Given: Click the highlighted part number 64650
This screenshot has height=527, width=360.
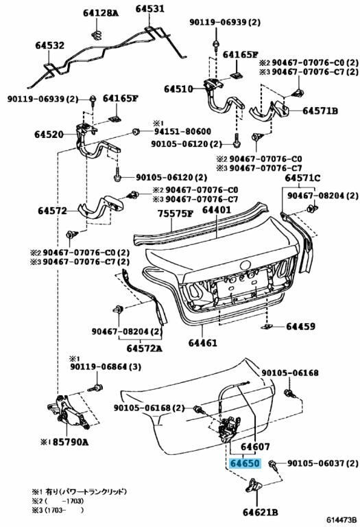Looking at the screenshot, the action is tap(245, 463).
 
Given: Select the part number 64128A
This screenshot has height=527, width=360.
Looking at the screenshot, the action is tap(101, 13).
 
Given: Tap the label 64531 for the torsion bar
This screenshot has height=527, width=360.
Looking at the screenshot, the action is tap(150, 8).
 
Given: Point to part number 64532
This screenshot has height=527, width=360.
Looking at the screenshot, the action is tap(49, 45).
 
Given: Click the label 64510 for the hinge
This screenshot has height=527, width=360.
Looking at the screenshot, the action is tap(179, 89).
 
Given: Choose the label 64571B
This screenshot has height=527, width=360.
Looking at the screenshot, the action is tap(320, 110).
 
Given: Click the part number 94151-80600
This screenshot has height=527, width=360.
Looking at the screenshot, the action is tap(182, 132).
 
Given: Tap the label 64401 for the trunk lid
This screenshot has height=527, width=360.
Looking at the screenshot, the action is tap(217, 210).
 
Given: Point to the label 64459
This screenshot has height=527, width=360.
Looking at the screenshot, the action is tap(301, 327).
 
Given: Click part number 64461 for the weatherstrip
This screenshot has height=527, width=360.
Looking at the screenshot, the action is tap(203, 343).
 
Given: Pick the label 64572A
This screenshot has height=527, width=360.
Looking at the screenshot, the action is tap(145, 348).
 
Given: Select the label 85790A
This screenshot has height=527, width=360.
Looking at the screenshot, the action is tap(71, 443).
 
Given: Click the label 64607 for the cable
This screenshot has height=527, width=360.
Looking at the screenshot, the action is tap(255, 447).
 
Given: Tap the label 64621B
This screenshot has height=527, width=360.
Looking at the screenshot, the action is tap(261, 512).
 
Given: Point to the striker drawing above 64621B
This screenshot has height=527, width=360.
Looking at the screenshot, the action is tap(254, 486).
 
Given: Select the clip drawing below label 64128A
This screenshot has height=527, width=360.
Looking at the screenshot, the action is tap(97, 34).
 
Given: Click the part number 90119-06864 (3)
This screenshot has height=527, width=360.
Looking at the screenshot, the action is tap(106, 366).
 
